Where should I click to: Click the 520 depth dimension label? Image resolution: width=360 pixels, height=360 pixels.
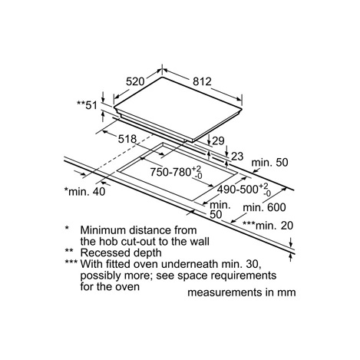pyautogui.click(x=135, y=81)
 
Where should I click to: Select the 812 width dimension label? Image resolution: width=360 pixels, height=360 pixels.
pyautogui.click(x=202, y=81)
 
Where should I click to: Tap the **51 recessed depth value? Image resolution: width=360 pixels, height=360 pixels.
pyautogui.click(x=88, y=105)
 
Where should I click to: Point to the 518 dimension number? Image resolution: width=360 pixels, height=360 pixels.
pyautogui.click(x=127, y=139)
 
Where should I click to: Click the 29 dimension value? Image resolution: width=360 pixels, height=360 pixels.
pyautogui.click(x=218, y=140)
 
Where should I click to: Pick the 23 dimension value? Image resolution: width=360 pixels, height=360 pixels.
pyautogui.click(x=237, y=157)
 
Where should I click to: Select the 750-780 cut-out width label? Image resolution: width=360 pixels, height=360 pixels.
pyautogui.click(x=176, y=172)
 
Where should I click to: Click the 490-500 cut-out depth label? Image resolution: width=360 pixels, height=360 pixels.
pyautogui.click(x=244, y=190)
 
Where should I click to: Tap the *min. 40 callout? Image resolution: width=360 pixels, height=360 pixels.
pyautogui.click(x=84, y=191)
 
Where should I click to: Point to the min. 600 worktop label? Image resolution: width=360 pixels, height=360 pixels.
pyautogui.click(x=264, y=207)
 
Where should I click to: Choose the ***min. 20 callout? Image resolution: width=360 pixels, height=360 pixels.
pyautogui.click(x=268, y=226)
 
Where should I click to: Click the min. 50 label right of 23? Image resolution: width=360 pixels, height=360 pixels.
pyautogui.click(x=270, y=163)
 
